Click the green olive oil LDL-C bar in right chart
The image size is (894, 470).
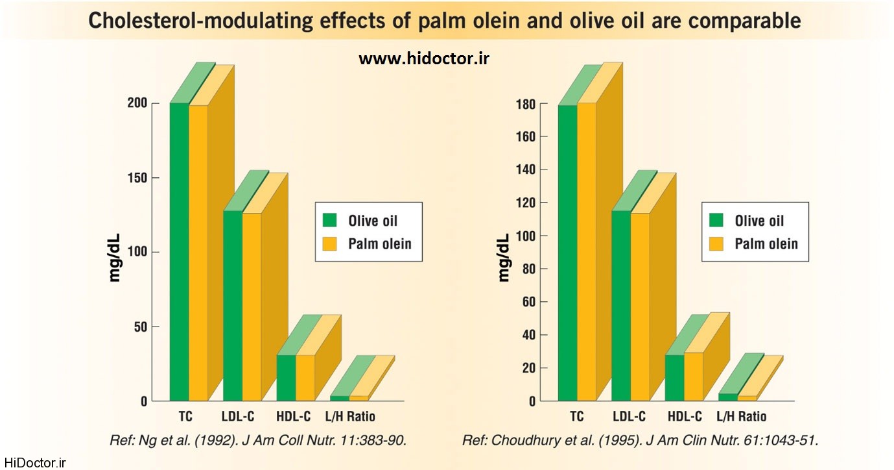point(620,305)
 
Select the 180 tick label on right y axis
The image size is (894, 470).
point(525,104)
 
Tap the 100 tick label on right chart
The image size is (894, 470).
point(525,236)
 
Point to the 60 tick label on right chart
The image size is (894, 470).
point(529,303)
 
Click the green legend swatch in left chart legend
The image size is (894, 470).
point(331,220)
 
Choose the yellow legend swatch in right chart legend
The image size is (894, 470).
point(716,244)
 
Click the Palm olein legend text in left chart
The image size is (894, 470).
point(380,244)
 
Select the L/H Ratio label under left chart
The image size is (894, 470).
point(350,416)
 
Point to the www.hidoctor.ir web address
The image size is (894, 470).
point(424,58)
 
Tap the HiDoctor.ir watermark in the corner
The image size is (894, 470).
point(34,463)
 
